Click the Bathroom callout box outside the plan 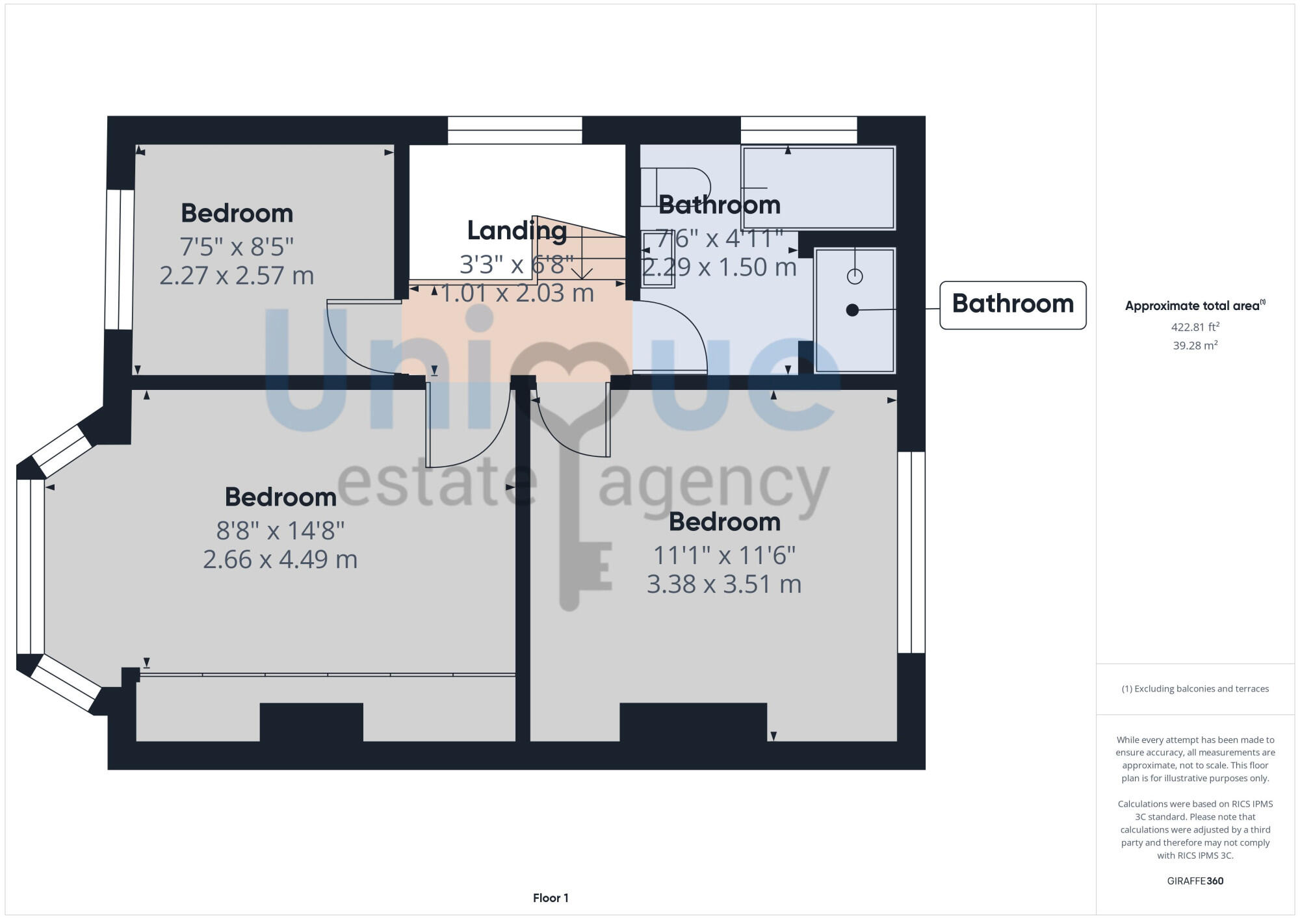[1012, 305]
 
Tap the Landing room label [517, 231]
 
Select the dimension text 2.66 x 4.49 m [280, 560]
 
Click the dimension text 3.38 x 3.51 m [723, 584]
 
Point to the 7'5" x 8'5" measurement [237, 247]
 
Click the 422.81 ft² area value [1195, 327]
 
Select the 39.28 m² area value [1195, 346]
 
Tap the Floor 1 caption [551, 898]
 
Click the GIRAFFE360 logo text [1195, 881]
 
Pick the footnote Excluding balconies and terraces [1195, 689]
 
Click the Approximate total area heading [1195, 306]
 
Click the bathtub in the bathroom [819, 188]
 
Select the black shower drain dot [852, 311]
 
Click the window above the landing [514, 130]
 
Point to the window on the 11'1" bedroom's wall [911, 552]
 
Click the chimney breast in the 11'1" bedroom [693, 721]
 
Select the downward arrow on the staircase [582, 273]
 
